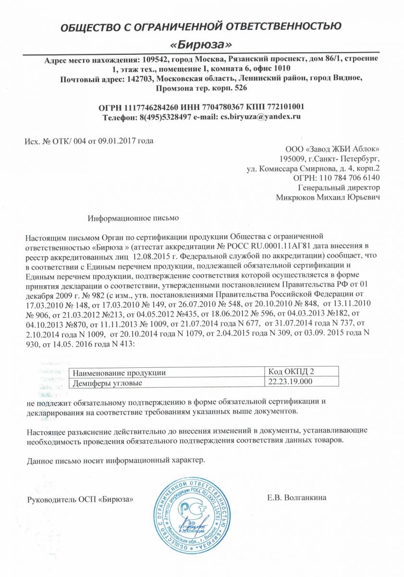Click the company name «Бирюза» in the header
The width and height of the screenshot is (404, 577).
pyautogui.click(x=202, y=45)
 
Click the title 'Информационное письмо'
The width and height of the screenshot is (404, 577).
pyautogui.click(x=133, y=218)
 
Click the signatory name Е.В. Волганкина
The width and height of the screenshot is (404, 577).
pyautogui.click(x=297, y=497)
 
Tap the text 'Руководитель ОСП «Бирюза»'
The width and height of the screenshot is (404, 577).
pyautogui.click(x=80, y=499)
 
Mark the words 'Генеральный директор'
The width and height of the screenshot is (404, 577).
pyautogui.click(x=339, y=188)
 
